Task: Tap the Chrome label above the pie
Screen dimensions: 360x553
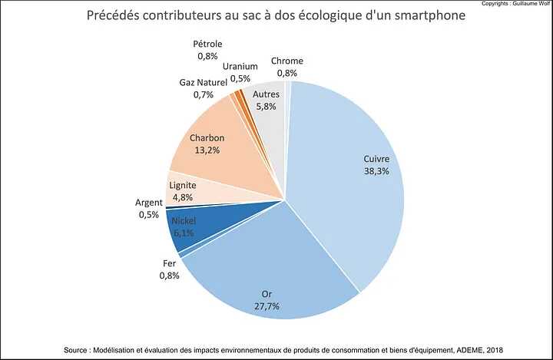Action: [x=287, y=61]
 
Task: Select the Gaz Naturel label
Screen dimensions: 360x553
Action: [x=203, y=82]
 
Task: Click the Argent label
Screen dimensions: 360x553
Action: [x=148, y=203]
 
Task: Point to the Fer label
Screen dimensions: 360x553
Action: [x=170, y=263]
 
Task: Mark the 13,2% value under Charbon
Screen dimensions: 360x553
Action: [x=207, y=150]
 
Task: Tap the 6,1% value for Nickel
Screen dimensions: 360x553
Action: [x=184, y=233]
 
